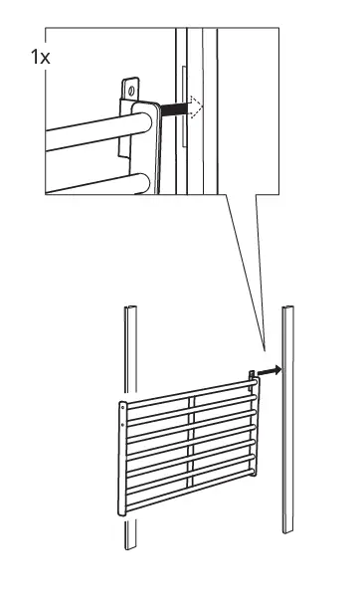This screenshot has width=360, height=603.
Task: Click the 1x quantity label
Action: [x=39, y=56]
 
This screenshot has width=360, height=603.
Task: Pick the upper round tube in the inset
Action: [x=90, y=129]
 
